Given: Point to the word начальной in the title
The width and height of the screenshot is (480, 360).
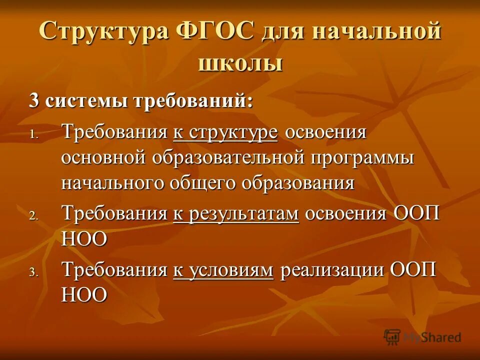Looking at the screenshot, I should point(376,32).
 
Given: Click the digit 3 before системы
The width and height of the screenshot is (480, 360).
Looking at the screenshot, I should point(34,100).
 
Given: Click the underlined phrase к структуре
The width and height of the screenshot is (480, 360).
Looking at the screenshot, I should point(225,133).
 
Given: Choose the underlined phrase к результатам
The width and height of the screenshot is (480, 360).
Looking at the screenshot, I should point(236,214).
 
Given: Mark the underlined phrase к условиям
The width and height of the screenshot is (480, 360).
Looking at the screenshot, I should point(223,270).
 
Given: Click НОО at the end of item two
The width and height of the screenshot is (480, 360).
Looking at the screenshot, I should point(84,239).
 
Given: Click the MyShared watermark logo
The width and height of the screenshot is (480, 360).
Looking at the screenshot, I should point(423,337).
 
